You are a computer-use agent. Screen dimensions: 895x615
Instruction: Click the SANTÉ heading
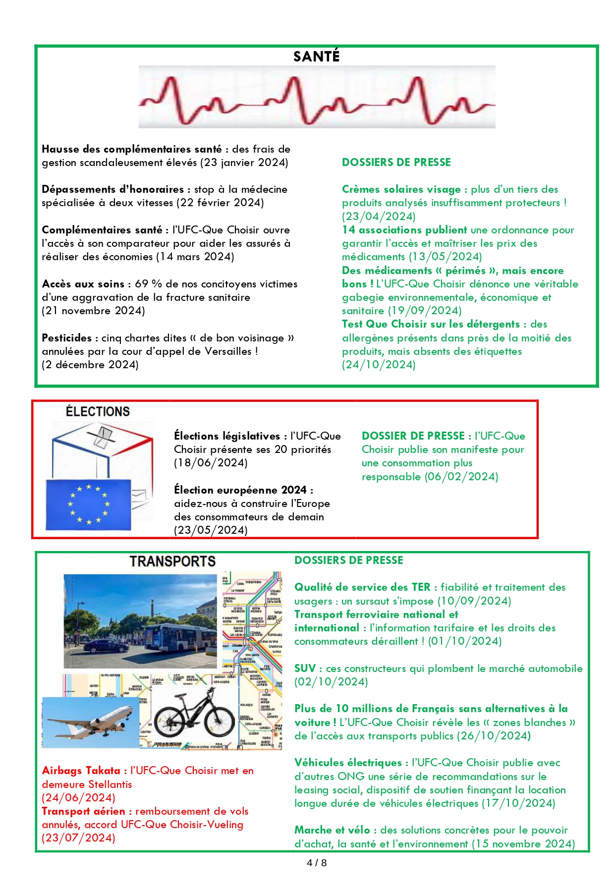tap(316, 56)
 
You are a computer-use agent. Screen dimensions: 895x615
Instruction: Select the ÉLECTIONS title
tap(98, 411)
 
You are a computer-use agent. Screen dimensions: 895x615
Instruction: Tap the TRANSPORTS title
tap(172, 561)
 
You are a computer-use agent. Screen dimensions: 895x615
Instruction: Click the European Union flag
tap(88, 504)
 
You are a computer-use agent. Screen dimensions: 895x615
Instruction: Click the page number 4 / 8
tap(317, 863)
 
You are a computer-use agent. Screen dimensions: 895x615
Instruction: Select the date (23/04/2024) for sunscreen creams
tap(379, 216)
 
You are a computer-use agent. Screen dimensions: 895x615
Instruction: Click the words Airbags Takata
tap(81, 771)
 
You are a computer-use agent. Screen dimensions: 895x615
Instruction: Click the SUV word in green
tap(305, 668)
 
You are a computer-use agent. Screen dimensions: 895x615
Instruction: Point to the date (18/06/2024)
tap(211, 463)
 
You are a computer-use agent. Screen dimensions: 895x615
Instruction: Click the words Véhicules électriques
tap(348, 763)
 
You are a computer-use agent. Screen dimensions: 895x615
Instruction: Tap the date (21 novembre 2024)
tap(93, 311)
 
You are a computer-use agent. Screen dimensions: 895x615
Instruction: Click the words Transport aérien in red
tap(83, 811)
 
